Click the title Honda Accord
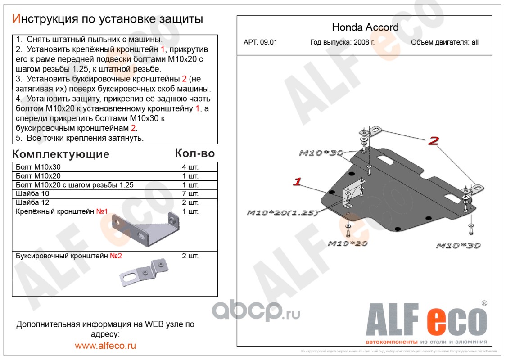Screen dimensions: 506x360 pos(365,27)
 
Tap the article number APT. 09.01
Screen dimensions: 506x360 pos(260,43)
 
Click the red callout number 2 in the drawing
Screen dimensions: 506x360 pos(433,141)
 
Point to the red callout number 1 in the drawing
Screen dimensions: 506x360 pos(297,182)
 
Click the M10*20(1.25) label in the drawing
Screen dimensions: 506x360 pos(282,213)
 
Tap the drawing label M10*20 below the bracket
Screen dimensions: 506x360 pos(348,243)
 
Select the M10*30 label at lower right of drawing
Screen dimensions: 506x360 pos(458,246)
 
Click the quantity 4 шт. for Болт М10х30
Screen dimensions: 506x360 pos(190,167)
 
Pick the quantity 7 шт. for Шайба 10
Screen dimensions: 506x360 pos(190,194)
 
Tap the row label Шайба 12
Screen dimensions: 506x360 pos(32,202)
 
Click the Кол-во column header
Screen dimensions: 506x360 pos(194,153)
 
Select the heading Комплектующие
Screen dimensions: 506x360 pos(61,154)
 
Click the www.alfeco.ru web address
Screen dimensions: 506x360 pos(105,346)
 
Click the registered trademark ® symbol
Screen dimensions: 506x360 pos(484,303)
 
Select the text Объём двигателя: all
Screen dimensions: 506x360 pos(445,43)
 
